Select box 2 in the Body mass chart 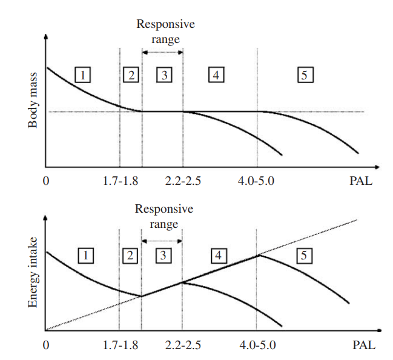click(x=130, y=75)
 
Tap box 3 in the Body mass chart click(x=164, y=75)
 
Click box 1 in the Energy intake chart click(x=85, y=256)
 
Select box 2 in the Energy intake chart click(x=130, y=256)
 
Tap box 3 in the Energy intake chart click(x=162, y=256)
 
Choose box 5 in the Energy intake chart click(x=305, y=256)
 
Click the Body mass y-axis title click(x=33, y=106)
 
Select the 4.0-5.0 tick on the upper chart click(x=259, y=181)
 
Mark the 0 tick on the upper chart click(x=46, y=181)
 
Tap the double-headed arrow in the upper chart click(x=162, y=53)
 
